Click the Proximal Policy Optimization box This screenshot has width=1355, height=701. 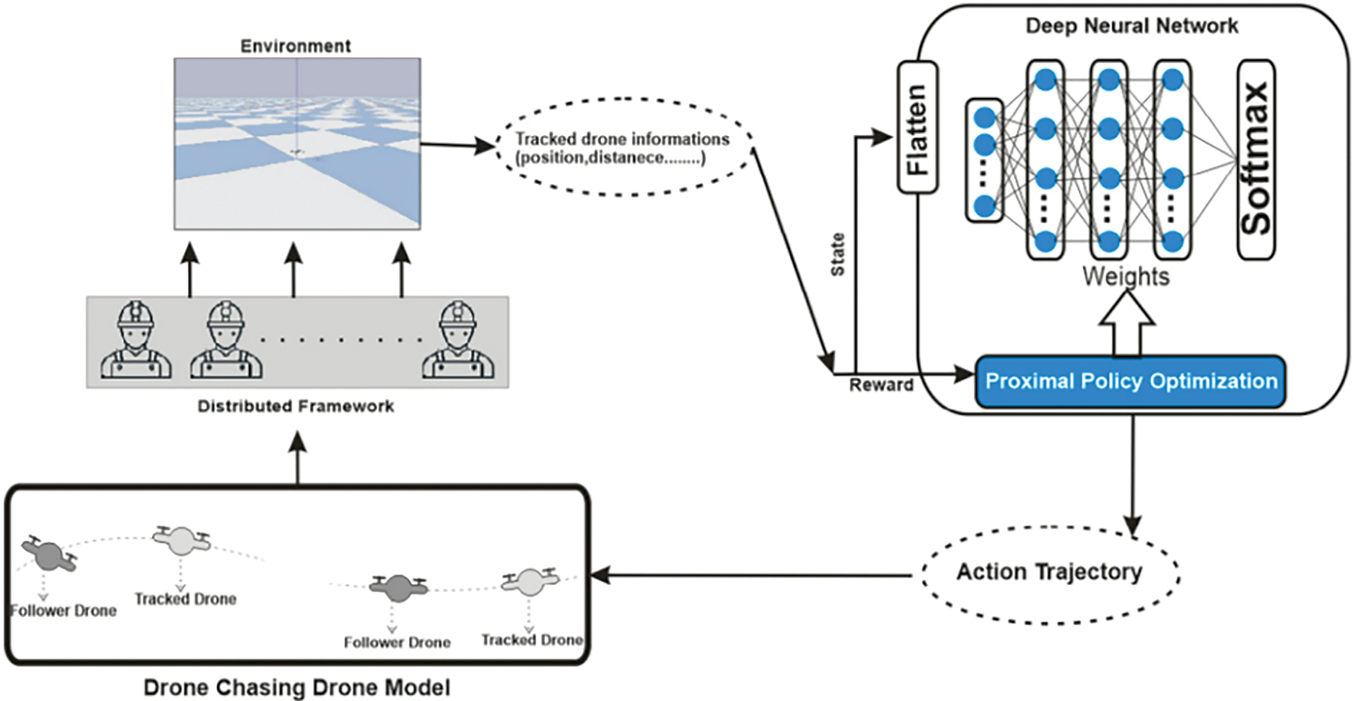tap(1130, 381)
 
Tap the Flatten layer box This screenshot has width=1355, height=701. tap(917, 128)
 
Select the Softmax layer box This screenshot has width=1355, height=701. tap(1256, 160)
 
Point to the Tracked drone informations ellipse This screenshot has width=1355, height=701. tap(624, 148)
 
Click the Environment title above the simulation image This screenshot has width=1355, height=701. tap(296, 46)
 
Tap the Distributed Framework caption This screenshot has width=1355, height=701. tap(296, 406)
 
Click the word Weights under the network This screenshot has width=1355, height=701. tap(1126, 276)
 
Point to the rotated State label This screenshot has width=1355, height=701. tap(837, 254)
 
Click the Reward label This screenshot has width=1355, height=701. tap(881, 385)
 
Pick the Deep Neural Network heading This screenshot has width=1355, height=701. tap(1131, 26)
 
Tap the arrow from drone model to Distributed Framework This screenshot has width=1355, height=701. tap(298, 457)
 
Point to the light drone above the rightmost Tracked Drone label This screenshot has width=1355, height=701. tap(530, 581)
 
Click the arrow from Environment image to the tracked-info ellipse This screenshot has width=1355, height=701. tap(458, 145)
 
